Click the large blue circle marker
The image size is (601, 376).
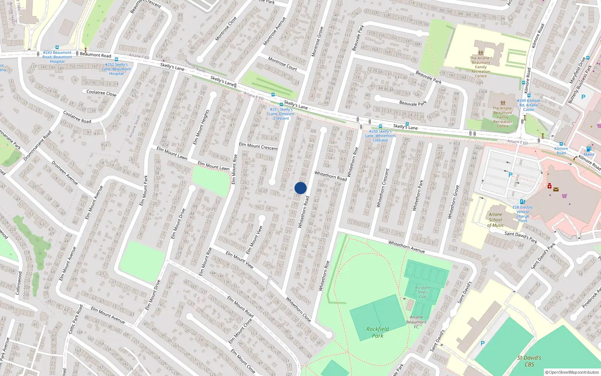point(300,188)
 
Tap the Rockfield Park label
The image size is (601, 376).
point(378,332)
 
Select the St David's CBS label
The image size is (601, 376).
point(529,361)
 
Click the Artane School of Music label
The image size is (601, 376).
point(495,220)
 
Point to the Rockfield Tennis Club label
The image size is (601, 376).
point(423,292)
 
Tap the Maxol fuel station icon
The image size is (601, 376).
point(589,149)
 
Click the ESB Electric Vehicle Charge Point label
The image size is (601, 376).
point(522,214)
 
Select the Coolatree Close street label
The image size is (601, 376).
point(101,93)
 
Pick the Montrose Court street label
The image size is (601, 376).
point(282,64)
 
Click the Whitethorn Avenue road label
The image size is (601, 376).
point(406,247)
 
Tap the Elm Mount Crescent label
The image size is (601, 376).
point(258,146)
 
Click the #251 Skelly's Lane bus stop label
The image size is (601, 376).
point(281,114)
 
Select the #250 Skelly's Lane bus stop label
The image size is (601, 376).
point(380,136)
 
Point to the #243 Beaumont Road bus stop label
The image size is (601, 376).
point(57,57)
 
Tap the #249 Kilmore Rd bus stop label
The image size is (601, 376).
point(529,105)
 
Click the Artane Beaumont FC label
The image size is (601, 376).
point(416,322)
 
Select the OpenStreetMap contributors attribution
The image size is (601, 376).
point(572,372)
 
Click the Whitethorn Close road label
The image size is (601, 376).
point(298,309)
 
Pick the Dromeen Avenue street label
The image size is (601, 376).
point(65,173)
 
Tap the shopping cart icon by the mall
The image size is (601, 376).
point(564,196)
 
